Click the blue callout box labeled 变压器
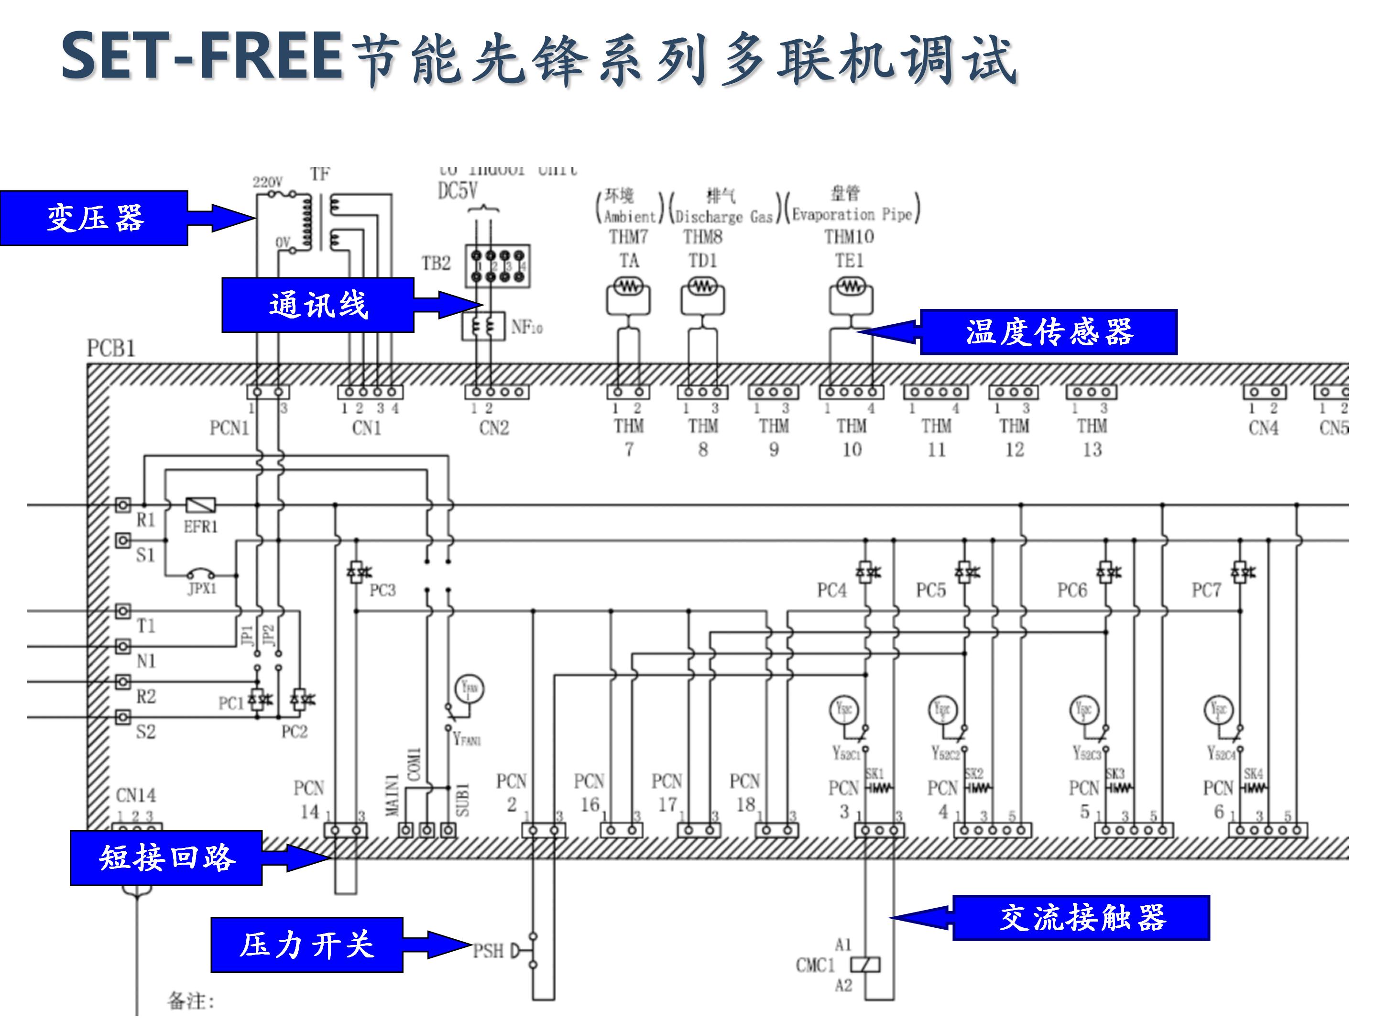(x=94, y=218)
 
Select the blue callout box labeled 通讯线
(x=317, y=305)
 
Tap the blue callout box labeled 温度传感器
(x=1049, y=332)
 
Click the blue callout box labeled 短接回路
(x=166, y=857)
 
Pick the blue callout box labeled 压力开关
(x=306, y=945)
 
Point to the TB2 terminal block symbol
(x=497, y=266)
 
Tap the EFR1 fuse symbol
(x=201, y=505)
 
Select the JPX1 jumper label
(x=202, y=588)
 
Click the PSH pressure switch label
(x=488, y=951)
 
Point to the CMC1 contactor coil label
(x=814, y=965)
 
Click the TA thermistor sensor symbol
(x=628, y=287)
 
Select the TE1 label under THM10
(x=849, y=260)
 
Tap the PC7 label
(x=1206, y=590)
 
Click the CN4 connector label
(x=1263, y=428)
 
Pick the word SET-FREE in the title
(x=202, y=57)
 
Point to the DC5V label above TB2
(x=458, y=190)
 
